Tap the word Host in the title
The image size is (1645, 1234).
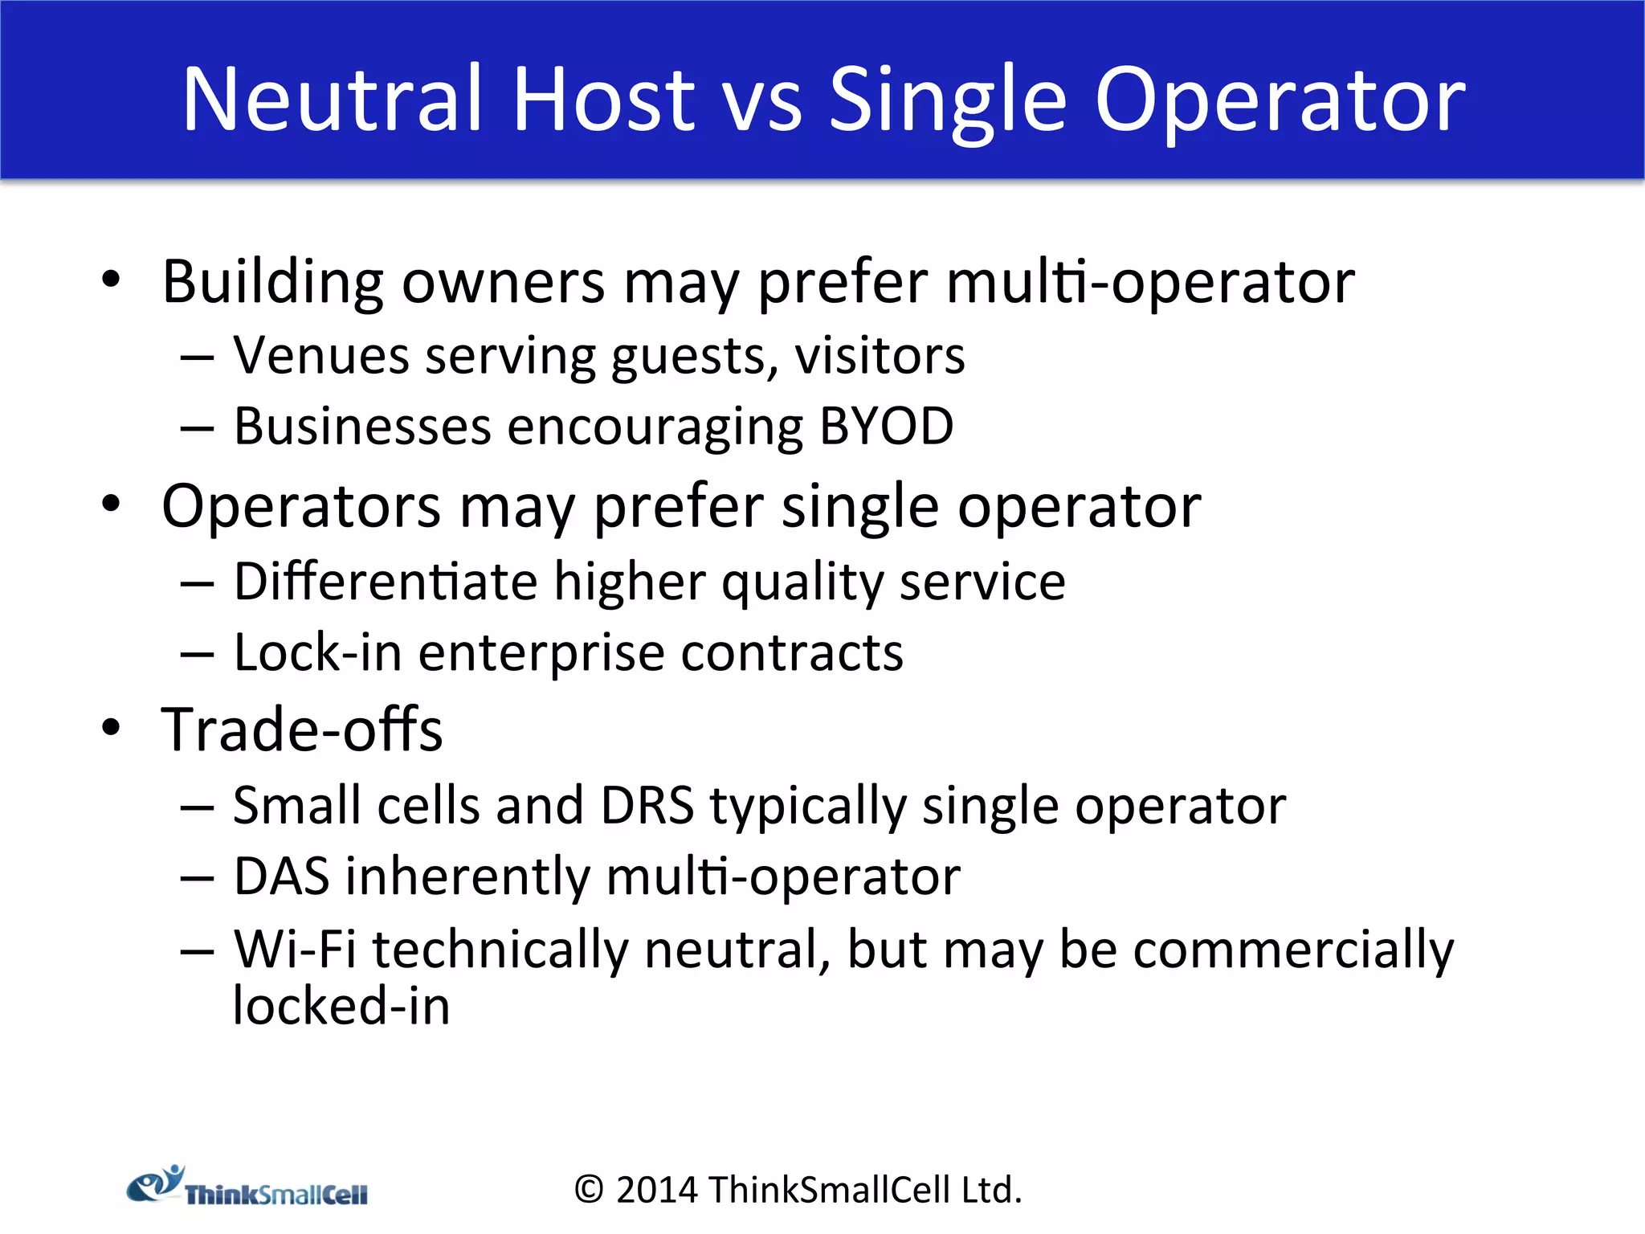tap(602, 99)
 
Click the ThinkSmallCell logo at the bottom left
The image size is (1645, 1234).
tap(247, 1187)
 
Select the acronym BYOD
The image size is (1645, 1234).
tap(886, 426)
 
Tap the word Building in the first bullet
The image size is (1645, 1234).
tap(272, 283)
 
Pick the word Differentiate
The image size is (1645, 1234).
tap(386, 581)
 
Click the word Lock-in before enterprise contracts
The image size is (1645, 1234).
tap(317, 652)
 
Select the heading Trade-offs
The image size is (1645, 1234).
tap(302, 729)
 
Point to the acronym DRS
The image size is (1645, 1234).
tap(647, 805)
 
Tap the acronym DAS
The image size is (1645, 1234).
tap(281, 876)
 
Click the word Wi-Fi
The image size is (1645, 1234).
tap(295, 950)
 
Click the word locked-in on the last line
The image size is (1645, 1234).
tap(341, 1006)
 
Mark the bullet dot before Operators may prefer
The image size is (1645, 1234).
tap(111, 505)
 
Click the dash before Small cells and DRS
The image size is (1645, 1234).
tap(197, 807)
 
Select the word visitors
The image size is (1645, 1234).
tap(880, 355)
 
